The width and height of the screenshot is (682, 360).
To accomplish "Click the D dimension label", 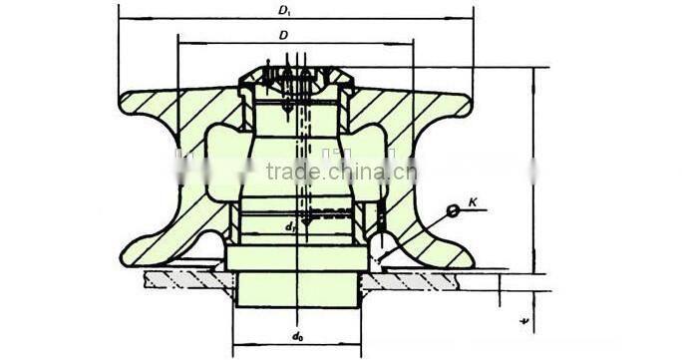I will tap(284, 35).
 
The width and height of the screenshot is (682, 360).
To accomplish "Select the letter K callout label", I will tap(474, 203).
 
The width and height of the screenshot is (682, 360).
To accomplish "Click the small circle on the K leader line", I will tap(452, 209).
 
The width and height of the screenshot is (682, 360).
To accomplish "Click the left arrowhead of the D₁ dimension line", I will tap(123, 19).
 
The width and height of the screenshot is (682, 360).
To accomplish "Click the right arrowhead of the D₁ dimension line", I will tap(471, 19).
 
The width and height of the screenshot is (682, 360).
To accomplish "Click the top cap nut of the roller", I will tap(295, 75).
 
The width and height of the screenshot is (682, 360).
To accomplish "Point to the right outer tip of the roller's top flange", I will tap(469, 99).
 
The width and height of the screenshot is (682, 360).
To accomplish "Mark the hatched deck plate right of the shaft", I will tap(429, 279).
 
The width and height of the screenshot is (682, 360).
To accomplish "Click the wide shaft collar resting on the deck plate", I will tap(295, 257).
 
